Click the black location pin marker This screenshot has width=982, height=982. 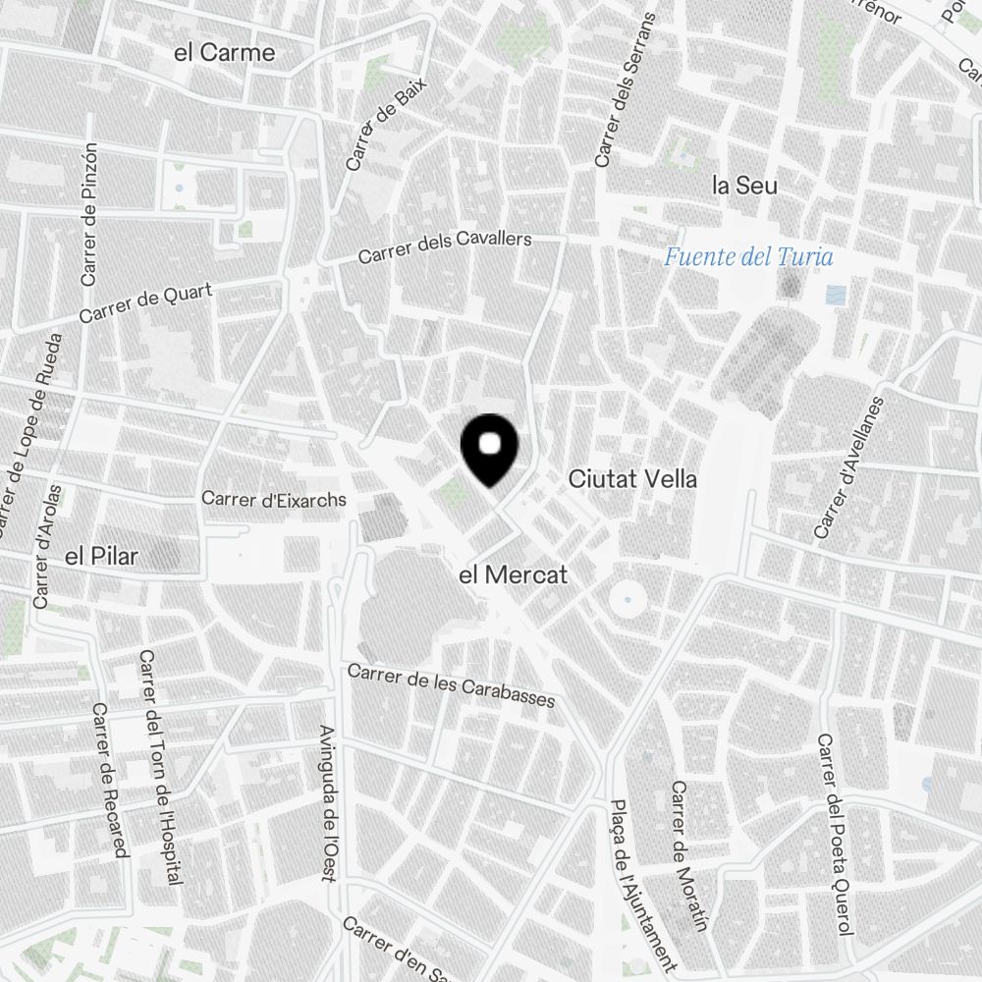[x=489, y=450]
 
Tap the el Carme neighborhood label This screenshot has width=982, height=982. [x=224, y=53]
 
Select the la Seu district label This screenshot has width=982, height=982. [x=744, y=185]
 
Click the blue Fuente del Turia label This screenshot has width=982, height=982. [x=748, y=258]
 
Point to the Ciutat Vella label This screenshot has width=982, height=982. [x=633, y=479]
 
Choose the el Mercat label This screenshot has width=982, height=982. [x=514, y=575]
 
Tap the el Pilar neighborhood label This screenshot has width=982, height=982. [x=101, y=557]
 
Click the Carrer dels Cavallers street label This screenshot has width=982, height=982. [x=445, y=247]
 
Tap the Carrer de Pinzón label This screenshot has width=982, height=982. [x=89, y=214]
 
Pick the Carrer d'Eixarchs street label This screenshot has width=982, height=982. [x=274, y=500]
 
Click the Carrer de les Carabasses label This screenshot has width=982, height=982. [x=451, y=685]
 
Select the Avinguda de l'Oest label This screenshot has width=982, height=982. [x=329, y=803]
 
